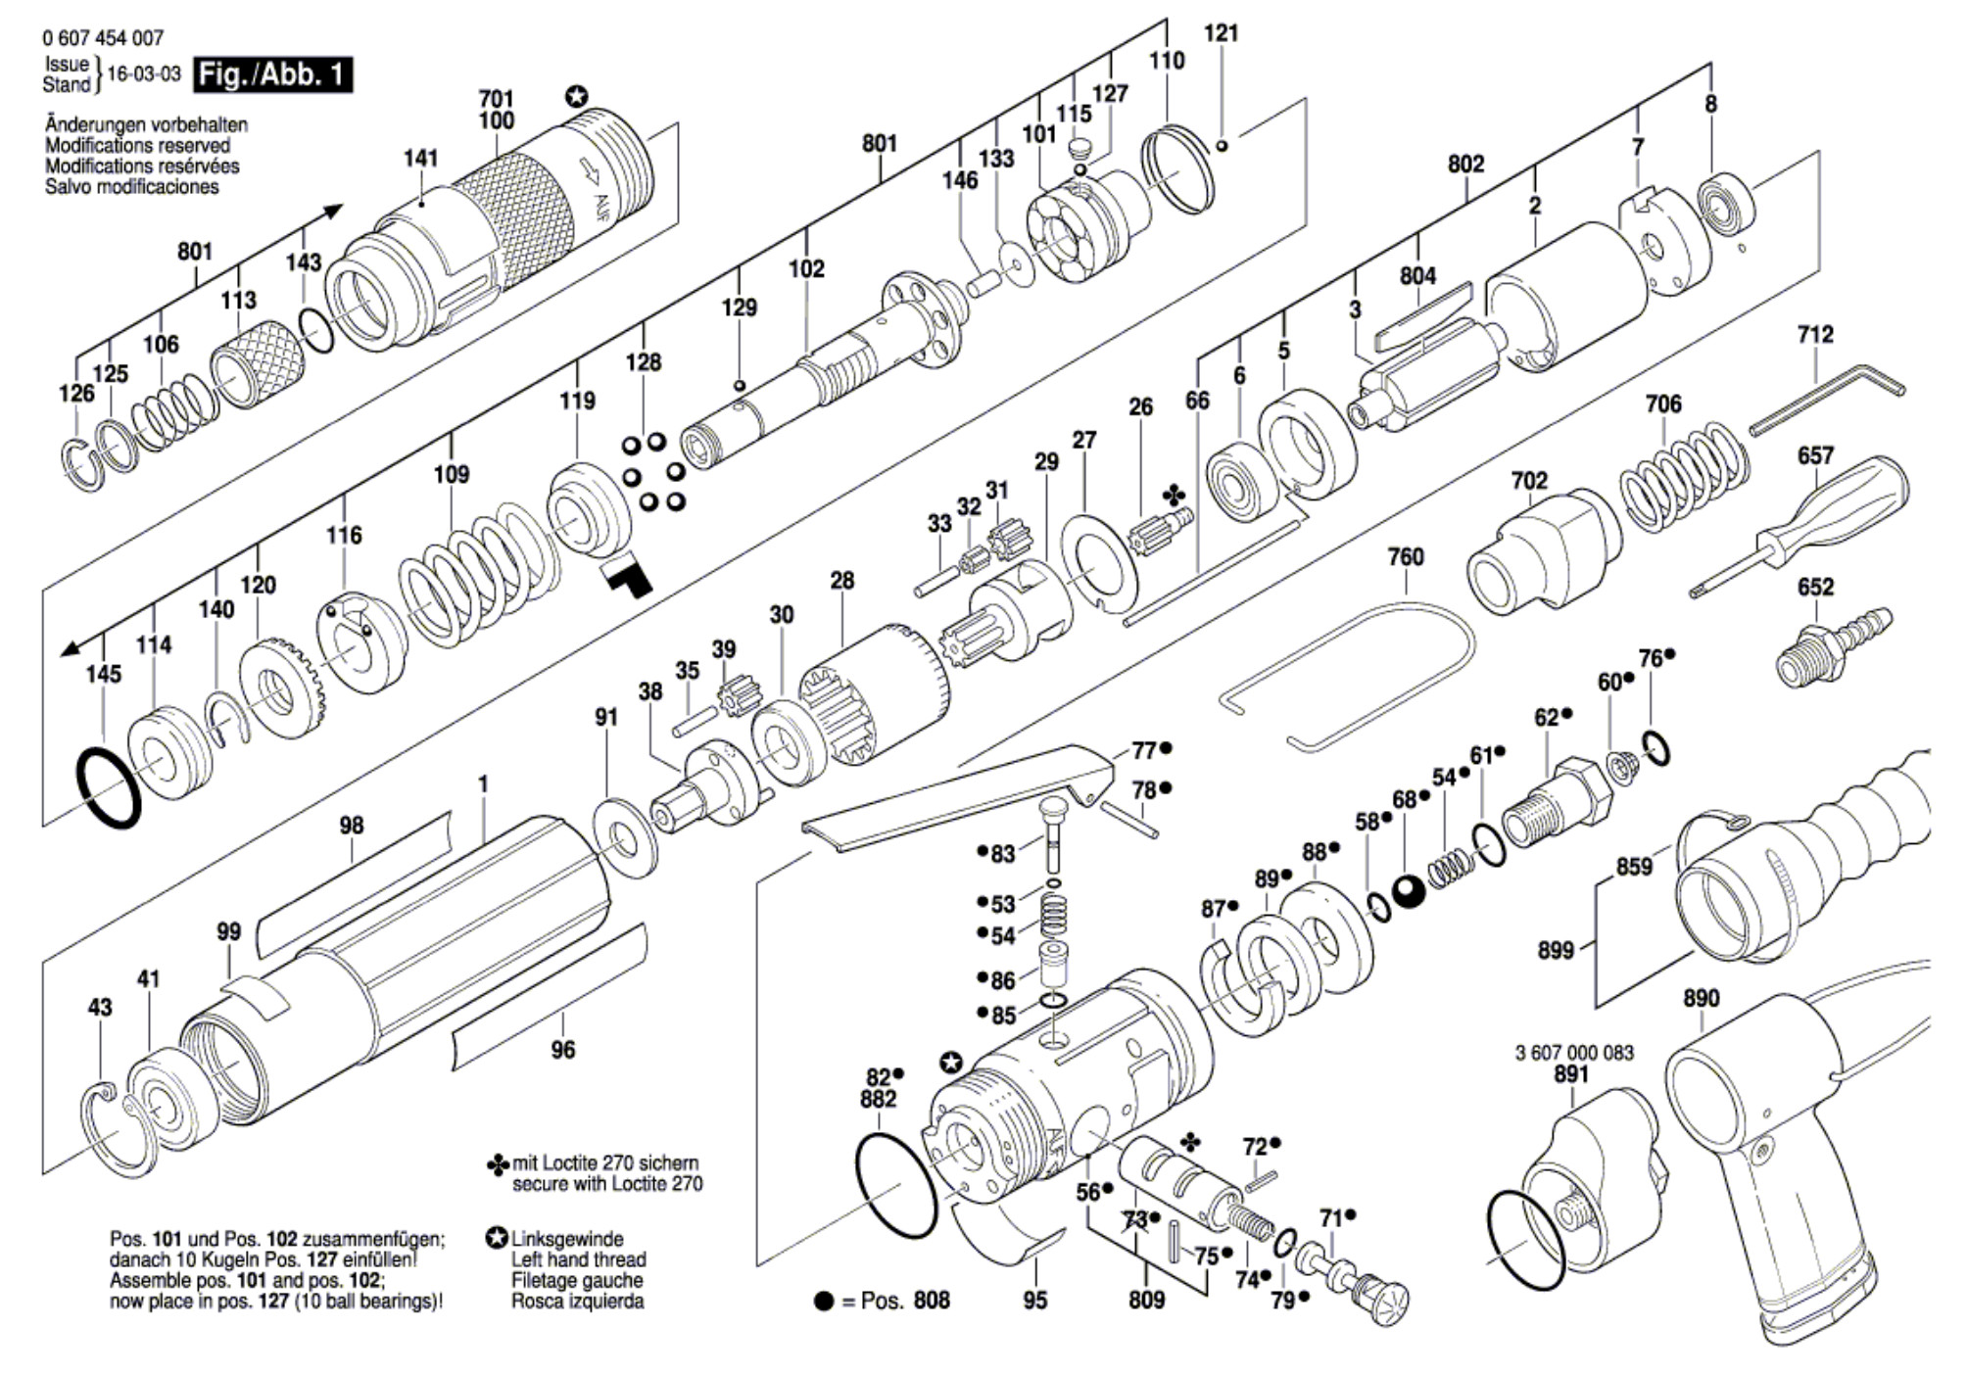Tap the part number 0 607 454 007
103,38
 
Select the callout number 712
1814,335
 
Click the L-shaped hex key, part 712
1827,396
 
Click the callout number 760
1405,557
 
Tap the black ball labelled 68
1409,891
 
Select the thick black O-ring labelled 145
108,788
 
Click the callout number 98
351,826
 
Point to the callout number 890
1701,998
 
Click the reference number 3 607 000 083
1574,1053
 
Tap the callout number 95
1034,1301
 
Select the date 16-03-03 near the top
144,74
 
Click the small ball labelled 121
1221,147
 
